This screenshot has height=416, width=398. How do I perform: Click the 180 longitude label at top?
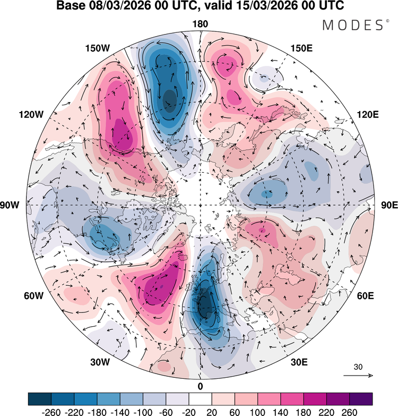(201, 24)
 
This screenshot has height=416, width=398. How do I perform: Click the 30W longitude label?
(99, 362)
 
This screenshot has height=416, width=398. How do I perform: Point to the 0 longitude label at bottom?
(200, 386)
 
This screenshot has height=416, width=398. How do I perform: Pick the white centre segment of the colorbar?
(200, 398)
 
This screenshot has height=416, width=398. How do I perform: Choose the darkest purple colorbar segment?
(361, 398)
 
